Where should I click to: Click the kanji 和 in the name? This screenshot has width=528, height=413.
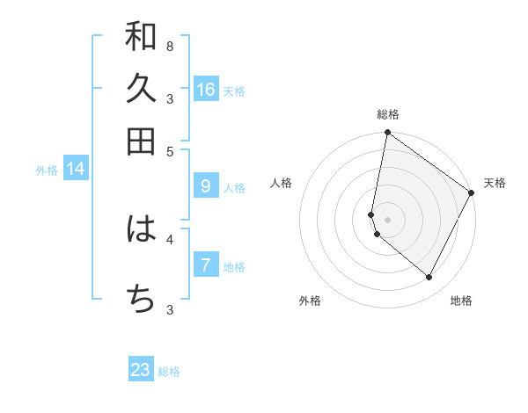coord(141,37)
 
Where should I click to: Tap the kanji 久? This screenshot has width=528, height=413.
coord(141,89)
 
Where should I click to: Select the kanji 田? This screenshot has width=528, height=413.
coord(141,141)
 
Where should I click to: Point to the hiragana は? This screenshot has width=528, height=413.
coord(141,229)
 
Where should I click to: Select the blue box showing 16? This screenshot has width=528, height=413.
coord(206,90)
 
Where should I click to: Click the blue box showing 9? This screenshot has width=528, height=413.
coord(206,186)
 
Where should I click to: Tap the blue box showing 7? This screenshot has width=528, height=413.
coord(206,265)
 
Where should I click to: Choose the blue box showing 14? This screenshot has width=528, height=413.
coord(76,169)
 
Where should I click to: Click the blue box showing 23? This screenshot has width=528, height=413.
coord(141,370)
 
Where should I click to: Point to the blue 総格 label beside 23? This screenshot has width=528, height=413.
coord(169,372)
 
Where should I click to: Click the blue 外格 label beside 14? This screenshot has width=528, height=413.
coord(47,170)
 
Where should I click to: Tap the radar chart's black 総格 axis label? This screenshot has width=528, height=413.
coord(387,114)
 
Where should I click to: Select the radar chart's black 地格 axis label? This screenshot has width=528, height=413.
coord(461,301)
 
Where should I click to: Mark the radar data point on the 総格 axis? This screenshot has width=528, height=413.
coord(387,134)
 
